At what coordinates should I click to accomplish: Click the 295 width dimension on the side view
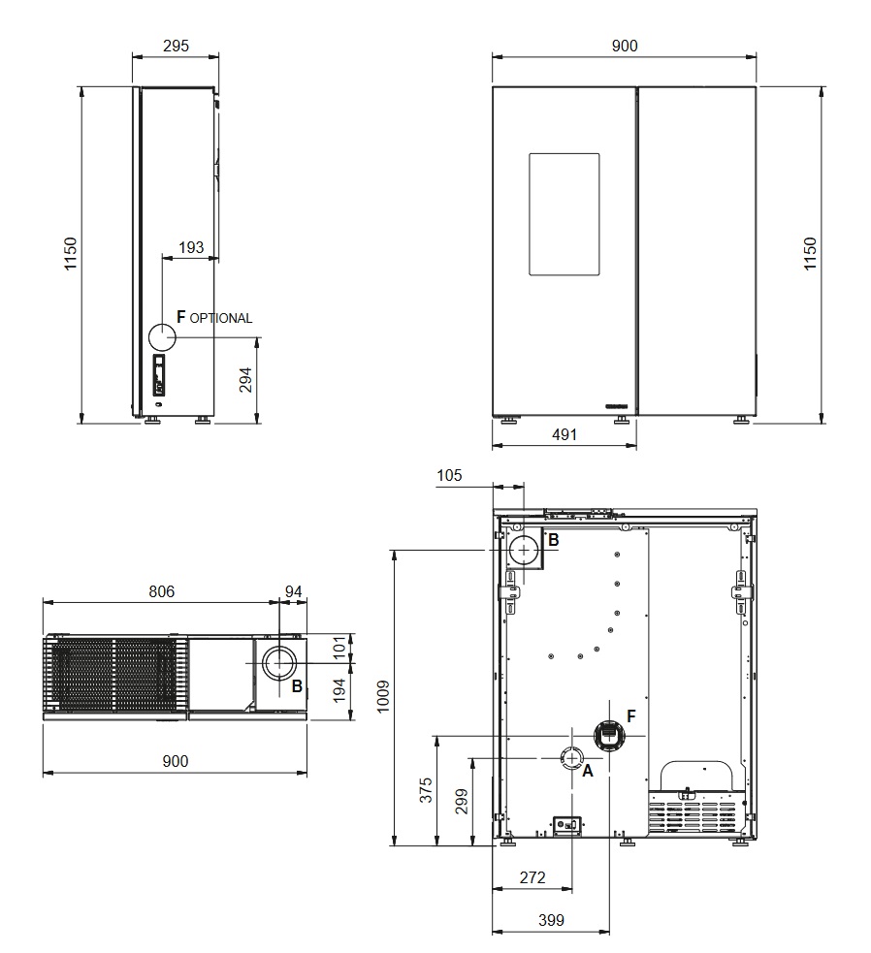tap(176, 46)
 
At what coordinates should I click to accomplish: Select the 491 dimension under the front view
tap(564, 434)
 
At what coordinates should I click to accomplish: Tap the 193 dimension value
tap(191, 247)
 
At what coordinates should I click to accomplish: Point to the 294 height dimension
tap(245, 380)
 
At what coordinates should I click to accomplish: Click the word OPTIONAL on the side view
tap(221, 319)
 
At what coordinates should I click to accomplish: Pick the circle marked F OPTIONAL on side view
tap(162, 336)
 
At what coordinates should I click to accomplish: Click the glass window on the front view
tap(564, 214)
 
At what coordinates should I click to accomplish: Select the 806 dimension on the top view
tap(161, 591)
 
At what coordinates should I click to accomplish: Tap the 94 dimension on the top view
tap(293, 591)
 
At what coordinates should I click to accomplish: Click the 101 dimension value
tap(340, 647)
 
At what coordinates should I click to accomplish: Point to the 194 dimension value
tap(340, 690)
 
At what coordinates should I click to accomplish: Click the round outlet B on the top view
tap(279, 662)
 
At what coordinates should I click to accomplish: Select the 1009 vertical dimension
tap(382, 696)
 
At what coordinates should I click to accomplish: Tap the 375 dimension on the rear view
tap(427, 790)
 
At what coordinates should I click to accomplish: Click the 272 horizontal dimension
tap(532, 877)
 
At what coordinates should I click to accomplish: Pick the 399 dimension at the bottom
tap(551, 920)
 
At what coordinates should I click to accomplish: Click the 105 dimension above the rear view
tap(449, 475)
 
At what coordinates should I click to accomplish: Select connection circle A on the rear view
tap(571, 758)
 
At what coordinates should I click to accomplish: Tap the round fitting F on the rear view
tap(609, 736)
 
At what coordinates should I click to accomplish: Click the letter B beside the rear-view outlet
tap(554, 540)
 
